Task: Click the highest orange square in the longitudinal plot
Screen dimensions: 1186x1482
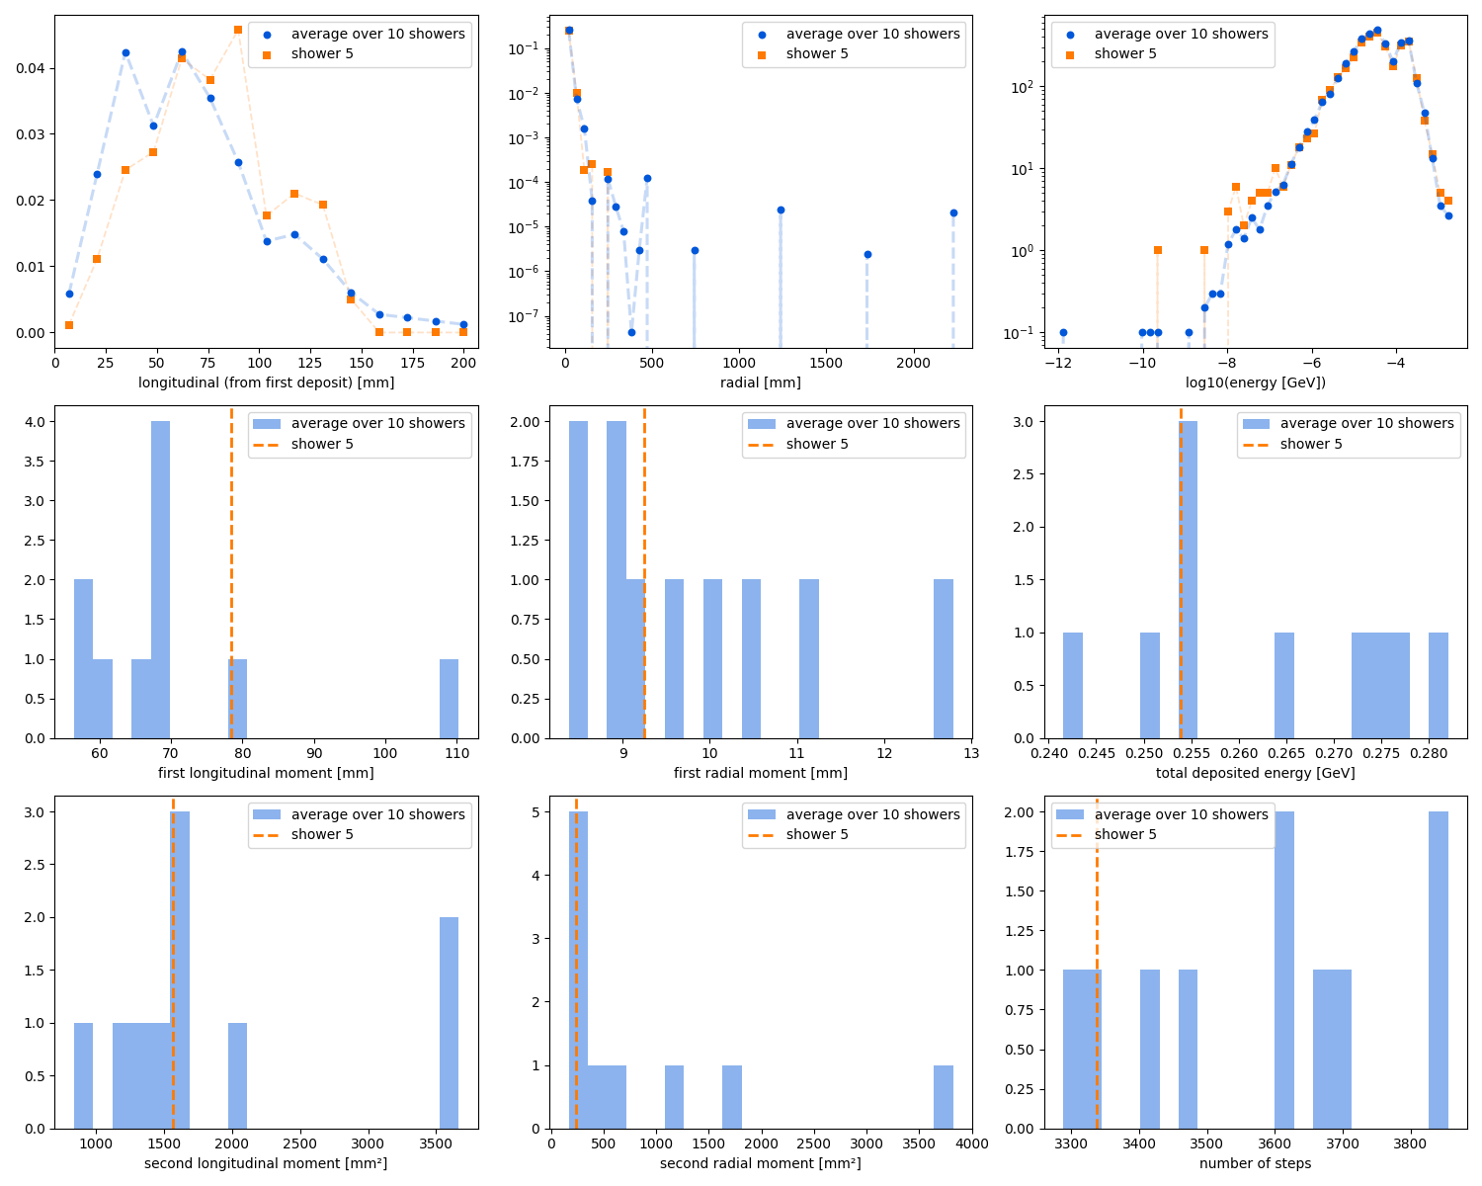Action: pos(238,30)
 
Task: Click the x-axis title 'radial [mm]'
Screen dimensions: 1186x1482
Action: pos(760,382)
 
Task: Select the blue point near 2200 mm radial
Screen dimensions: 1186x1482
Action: pos(953,212)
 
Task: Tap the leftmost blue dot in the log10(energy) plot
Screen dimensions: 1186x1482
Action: pos(1063,332)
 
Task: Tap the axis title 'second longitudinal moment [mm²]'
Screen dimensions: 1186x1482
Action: pos(266,1163)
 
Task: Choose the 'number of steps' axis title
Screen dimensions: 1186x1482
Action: pos(1255,1163)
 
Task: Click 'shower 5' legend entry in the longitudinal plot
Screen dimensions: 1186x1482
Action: pos(322,53)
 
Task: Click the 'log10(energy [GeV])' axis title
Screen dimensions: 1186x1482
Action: pos(1255,382)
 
